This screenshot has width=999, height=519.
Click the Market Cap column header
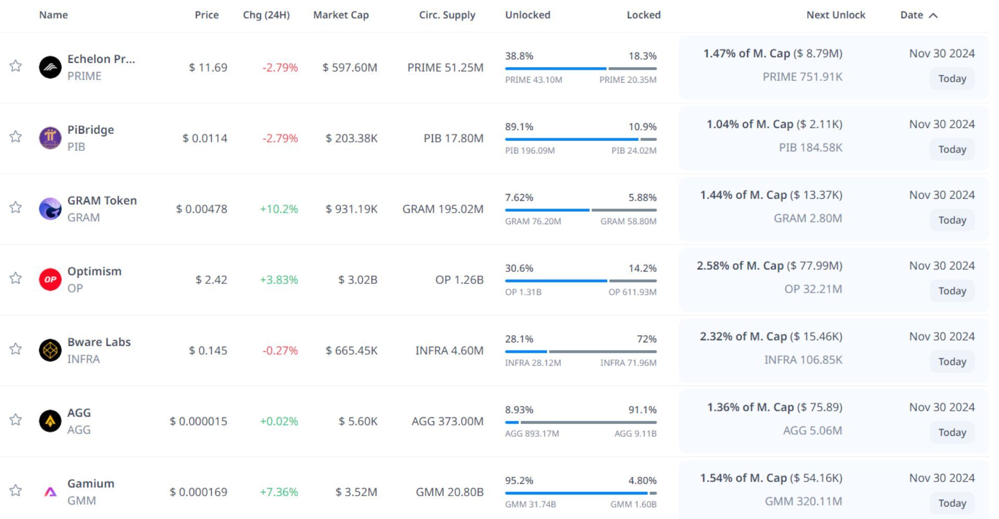pyautogui.click(x=341, y=15)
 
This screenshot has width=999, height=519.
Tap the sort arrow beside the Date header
pyautogui.click(x=933, y=16)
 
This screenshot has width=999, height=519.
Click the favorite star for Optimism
pyautogui.click(x=16, y=278)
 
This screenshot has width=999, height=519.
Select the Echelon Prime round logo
pyautogui.click(x=50, y=67)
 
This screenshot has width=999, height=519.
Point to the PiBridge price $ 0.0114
pyautogui.click(x=204, y=138)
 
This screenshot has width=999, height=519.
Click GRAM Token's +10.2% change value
pyautogui.click(x=279, y=209)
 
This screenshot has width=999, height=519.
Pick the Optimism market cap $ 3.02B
pyautogui.click(x=357, y=280)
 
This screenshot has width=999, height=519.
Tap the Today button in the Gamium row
pyautogui.click(x=952, y=503)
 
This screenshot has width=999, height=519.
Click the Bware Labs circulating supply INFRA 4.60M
pyautogui.click(x=449, y=351)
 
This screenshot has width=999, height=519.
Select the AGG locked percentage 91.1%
pyautogui.click(x=642, y=410)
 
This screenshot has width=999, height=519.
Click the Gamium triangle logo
pyautogui.click(x=50, y=491)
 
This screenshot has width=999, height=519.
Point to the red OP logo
pyautogui.click(x=50, y=279)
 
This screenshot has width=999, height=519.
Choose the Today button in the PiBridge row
pyautogui.click(x=952, y=149)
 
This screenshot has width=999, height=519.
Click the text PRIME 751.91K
pyautogui.click(x=802, y=77)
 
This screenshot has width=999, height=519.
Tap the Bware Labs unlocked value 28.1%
pyautogui.click(x=519, y=339)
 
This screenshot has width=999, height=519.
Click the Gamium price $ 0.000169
pyautogui.click(x=198, y=492)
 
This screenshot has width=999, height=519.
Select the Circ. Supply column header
pyautogui.click(x=447, y=15)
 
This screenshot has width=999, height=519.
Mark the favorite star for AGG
pyautogui.click(x=16, y=420)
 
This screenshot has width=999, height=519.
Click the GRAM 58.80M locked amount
pyautogui.click(x=628, y=222)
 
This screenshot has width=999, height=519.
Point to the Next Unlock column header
pyautogui.click(x=836, y=15)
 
